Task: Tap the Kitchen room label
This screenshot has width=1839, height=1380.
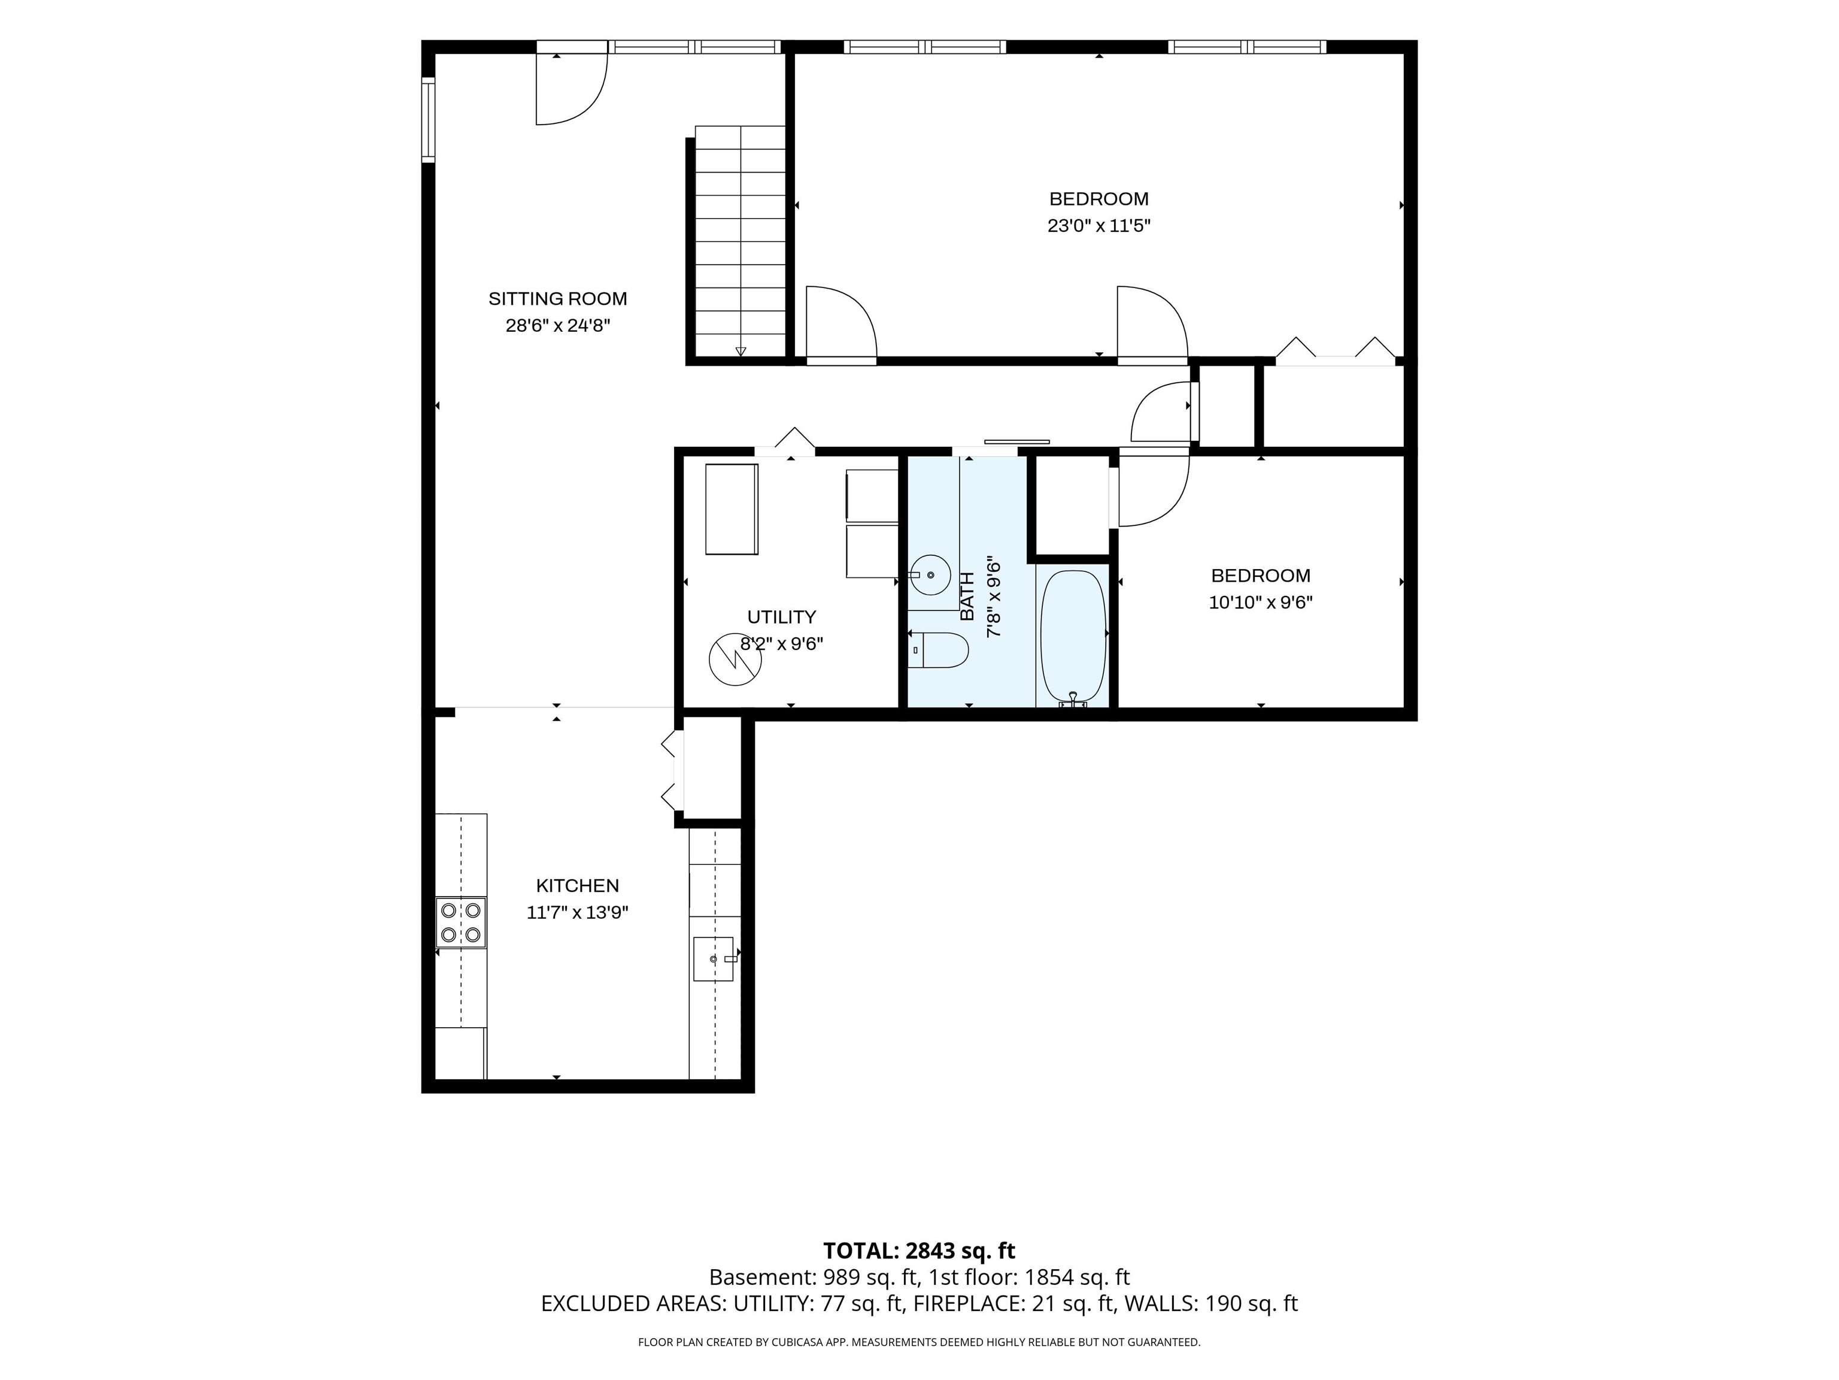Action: [x=577, y=886]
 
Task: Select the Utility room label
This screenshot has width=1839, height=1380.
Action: [x=781, y=617]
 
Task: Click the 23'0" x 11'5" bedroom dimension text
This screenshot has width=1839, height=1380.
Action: [x=1098, y=225]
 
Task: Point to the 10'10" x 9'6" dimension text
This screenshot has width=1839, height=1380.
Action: [x=1260, y=602]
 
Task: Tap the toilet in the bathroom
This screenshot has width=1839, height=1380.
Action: [x=939, y=650]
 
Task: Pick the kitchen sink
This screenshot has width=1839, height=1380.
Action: [x=714, y=959]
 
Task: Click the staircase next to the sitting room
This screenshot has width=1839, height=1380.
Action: [x=739, y=241]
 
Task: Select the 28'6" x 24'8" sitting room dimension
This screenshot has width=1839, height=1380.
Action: [x=558, y=325]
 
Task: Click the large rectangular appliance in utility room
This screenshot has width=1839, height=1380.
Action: [x=732, y=509]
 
